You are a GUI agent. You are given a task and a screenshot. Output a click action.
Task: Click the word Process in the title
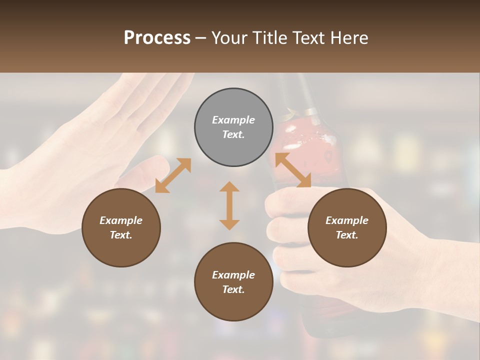coord(157,38)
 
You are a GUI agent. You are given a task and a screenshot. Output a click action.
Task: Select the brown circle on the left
coord(121,227)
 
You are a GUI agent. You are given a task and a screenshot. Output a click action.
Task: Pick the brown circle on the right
coord(347,227)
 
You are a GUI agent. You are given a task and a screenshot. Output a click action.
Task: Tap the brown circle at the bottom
coord(233,281)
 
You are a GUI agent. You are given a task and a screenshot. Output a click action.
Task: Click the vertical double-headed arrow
coord(229,205)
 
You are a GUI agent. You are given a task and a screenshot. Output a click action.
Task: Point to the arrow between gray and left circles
coord(173,175)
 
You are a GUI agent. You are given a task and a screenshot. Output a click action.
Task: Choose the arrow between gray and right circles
coord(293,170)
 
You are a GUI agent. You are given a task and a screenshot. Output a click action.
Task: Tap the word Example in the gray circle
coord(233,120)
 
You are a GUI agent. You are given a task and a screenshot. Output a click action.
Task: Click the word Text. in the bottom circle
coord(233,289)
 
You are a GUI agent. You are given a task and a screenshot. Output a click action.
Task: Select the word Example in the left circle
coord(121,220)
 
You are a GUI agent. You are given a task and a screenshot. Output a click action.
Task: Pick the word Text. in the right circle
coord(347,235)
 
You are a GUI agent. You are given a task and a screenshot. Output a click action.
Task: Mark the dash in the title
coord(201,38)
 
